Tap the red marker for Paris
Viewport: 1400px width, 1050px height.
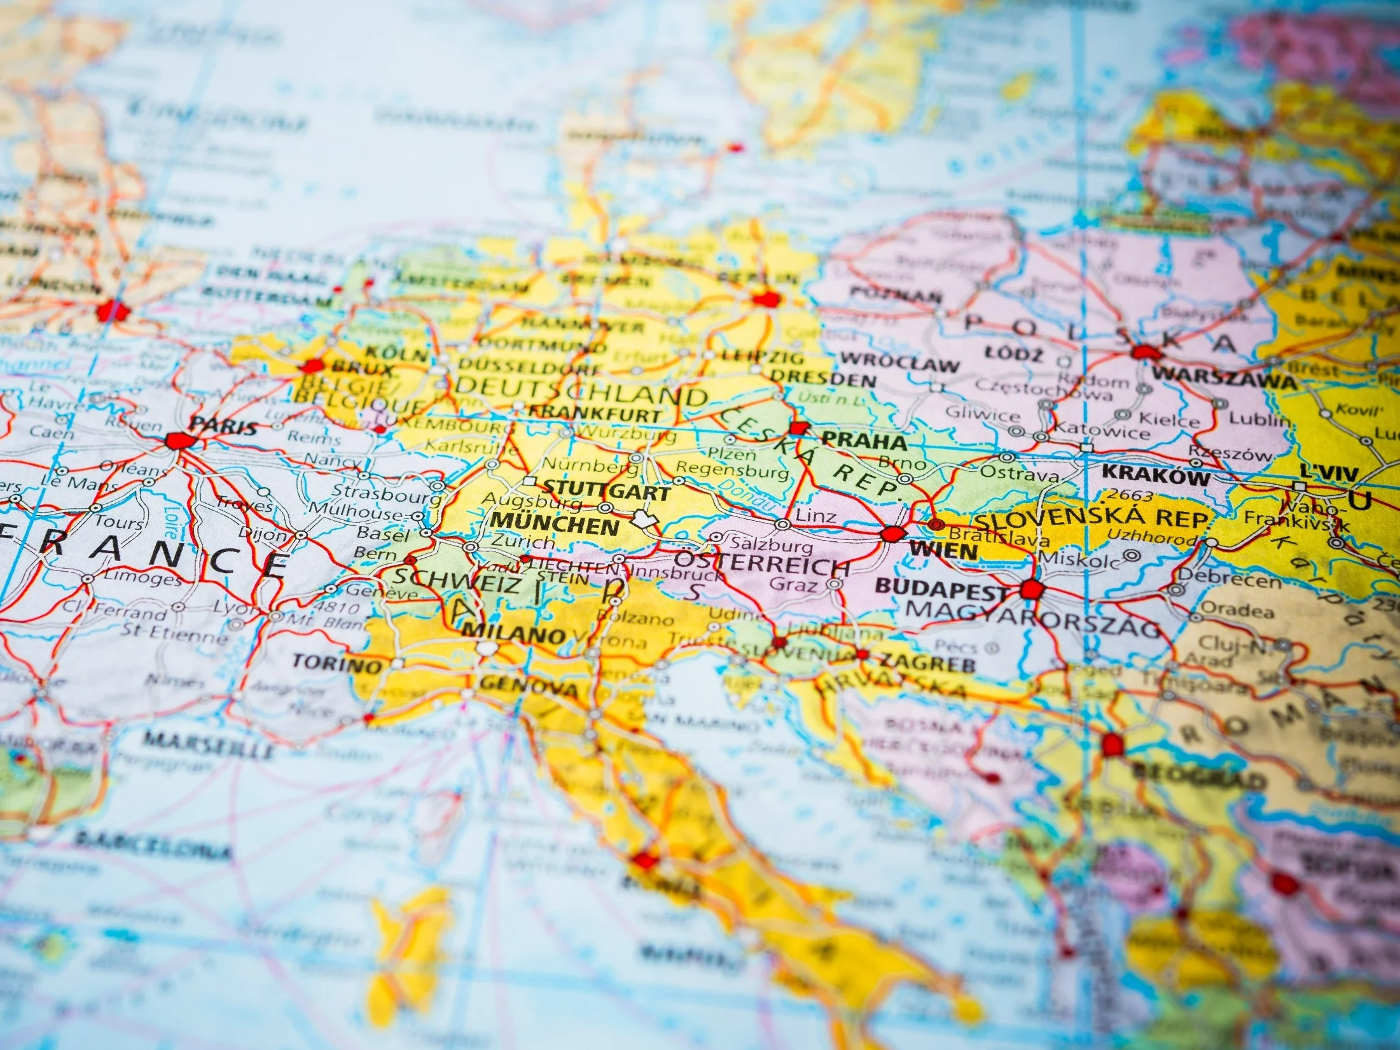pos(177,440)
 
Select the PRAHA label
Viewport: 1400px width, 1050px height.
pos(864,441)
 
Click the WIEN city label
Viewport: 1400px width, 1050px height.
pos(943,549)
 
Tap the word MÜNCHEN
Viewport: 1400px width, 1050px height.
pos(555,526)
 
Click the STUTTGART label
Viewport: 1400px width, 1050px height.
pos(606,492)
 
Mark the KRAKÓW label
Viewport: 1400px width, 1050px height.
pos(1156,475)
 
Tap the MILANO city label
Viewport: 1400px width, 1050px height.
pos(514,634)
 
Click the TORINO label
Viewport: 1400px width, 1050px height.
pos(336,664)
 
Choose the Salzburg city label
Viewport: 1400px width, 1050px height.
pos(772,544)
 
